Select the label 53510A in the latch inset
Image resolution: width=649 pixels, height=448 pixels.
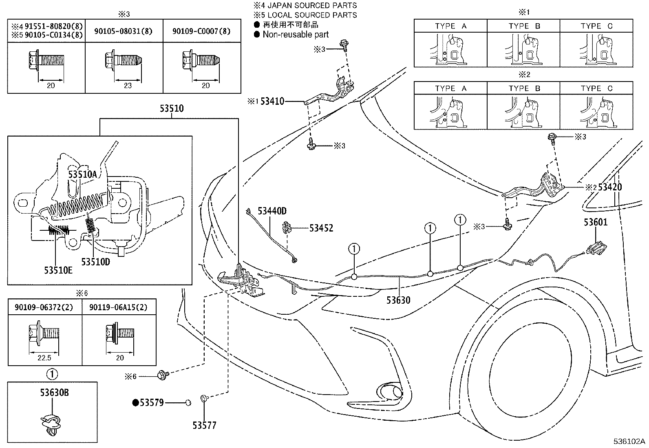tap(82, 174)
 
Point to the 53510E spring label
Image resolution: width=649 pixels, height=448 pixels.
tap(59, 270)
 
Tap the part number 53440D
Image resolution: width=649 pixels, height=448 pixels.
tap(272, 211)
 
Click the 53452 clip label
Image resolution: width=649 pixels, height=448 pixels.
tap(321, 228)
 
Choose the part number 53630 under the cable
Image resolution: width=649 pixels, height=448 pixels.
tap(398, 300)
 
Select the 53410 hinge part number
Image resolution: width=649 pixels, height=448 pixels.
tap(272, 101)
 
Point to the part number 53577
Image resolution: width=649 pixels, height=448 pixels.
tap(204, 426)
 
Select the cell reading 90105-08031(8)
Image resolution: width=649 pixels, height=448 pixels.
tap(124, 31)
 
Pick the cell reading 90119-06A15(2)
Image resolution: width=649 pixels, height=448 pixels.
tap(119, 307)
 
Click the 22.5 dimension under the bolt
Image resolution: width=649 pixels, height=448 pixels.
tap(44, 358)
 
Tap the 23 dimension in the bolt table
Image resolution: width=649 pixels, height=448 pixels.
tap(128, 86)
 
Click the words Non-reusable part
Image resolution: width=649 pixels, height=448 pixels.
tap(295, 35)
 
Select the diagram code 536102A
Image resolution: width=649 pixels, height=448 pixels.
tap(630, 441)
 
